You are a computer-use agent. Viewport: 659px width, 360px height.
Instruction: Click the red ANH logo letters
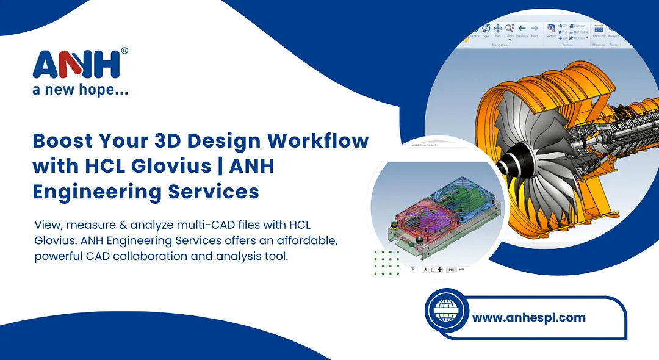[x=80, y=64]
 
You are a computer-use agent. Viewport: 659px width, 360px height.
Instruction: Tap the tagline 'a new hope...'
[x=80, y=90]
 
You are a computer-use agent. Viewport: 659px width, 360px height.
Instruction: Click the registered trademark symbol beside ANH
[x=124, y=51]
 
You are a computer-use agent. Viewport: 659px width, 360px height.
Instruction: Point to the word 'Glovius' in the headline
[x=159, y=166]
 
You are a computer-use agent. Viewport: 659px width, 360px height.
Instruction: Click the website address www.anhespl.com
[x=528, y=317]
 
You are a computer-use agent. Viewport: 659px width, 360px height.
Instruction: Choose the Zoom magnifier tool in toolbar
[x=510, y=29]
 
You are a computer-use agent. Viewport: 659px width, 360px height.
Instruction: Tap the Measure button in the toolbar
[x=599, y=31]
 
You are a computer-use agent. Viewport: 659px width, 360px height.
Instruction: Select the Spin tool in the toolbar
[x=486, y=29]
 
